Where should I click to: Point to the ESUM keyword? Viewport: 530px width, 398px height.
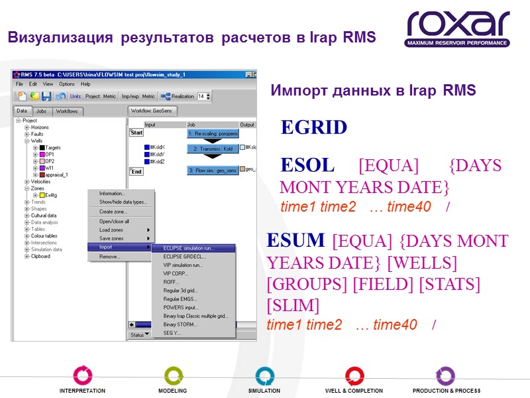click(x=295, y=240)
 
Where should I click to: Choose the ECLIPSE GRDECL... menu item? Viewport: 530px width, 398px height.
click(x=185, y=256)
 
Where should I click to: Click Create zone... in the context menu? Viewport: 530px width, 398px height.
click(x=114, y=212)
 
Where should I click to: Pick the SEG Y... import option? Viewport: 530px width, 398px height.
click(x=172, y=333)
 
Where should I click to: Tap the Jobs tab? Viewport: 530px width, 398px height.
click(x=41, y=111)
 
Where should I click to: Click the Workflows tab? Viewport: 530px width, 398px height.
click(x=67, y=111)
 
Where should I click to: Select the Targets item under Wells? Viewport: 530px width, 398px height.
click(x=53, y=147)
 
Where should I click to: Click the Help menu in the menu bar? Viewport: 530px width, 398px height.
click(x=85, y=84)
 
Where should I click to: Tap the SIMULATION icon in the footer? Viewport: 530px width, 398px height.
click(x=265, y=376)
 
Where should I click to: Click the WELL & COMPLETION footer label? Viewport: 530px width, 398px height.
click(x=354, y=391)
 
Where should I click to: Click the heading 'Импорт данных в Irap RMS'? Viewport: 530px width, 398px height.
click(x=373, y=92)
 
